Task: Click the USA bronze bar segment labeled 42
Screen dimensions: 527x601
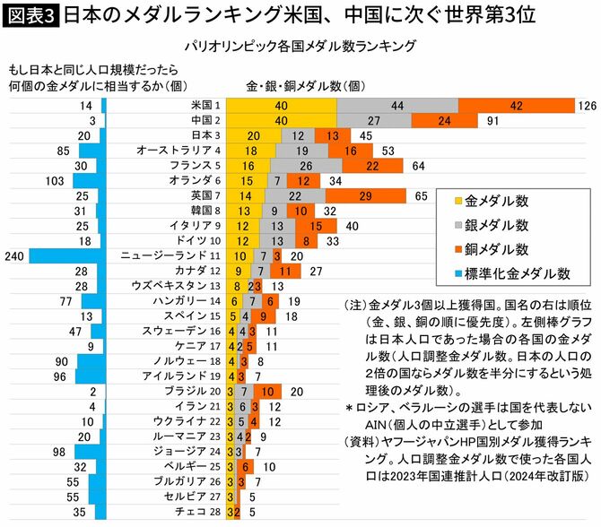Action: pos(515,106)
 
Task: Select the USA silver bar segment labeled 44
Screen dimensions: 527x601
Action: pos(397,106)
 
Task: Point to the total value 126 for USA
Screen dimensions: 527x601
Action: pos(588,106)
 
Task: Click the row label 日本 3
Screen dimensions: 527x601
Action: pos(206,135)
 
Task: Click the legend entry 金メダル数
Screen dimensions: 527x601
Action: pos(498,200)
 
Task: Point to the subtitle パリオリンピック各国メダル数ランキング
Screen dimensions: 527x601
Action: pos(310,44)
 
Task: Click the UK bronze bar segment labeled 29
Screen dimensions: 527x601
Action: pos(366,195)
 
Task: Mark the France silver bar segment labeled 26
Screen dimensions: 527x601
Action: pos(306,165)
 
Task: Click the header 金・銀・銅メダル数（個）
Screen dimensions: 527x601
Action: pos(303,86)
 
